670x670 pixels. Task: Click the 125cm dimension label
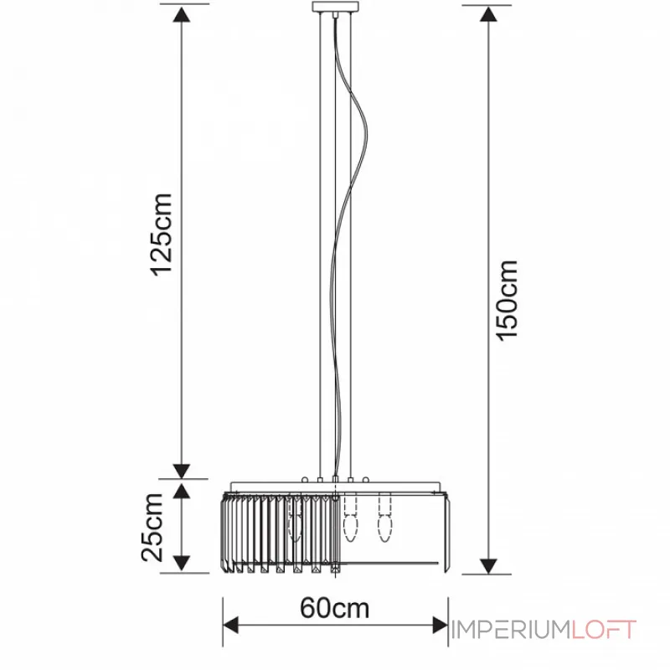[x=162, y=234]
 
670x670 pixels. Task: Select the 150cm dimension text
[x=507, y=301]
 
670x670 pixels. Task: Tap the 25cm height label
[x=152, y=528]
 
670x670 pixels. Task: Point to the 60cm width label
[x=334, y=608]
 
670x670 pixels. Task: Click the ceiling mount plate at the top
[x=336, y=7]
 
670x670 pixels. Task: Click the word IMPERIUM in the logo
[x=511, y=630]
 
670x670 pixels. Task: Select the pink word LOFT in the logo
[x=604, y=630]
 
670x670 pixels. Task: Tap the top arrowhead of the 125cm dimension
[x=182, y=15]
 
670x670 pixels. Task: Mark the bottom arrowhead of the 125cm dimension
[x=182, y=471]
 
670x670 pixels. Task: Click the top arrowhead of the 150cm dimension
[x=488, y=14]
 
